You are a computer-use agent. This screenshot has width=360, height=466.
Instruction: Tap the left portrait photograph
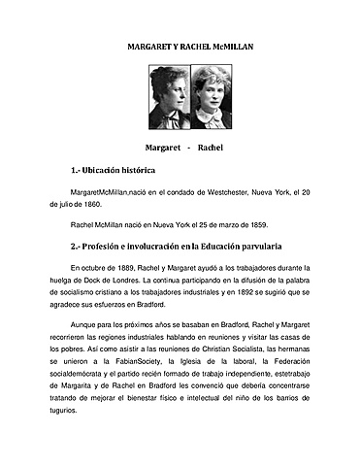tap(169, 98)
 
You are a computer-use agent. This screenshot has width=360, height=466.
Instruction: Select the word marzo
tap(219, 224)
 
